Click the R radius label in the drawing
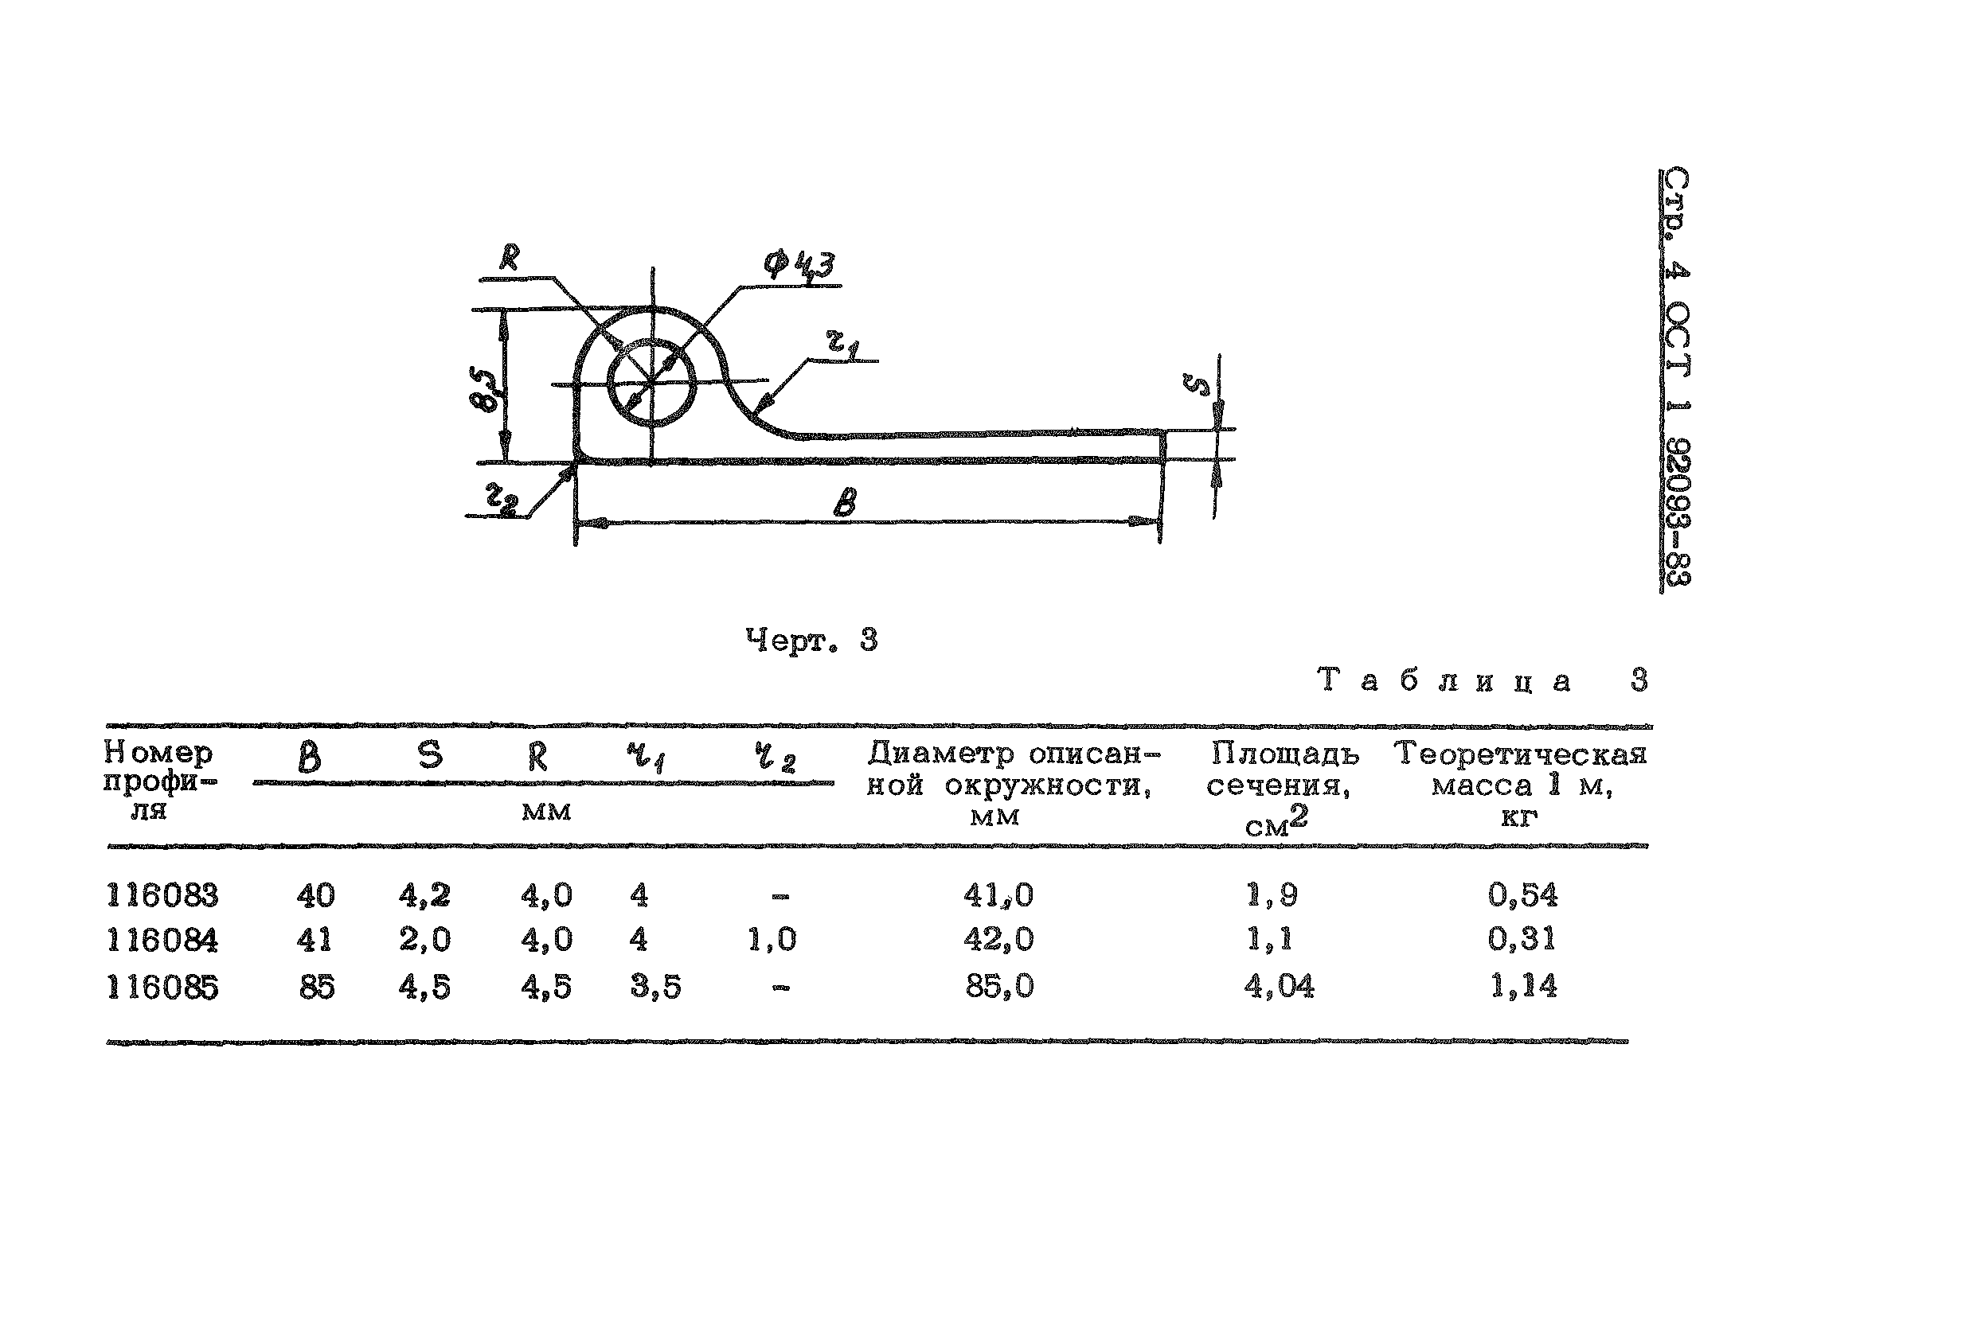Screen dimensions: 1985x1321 pos(509,257)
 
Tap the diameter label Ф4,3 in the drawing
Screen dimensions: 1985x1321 pos(799,265)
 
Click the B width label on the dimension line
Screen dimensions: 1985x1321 pos(845,503)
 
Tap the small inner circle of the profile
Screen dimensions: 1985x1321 pos(651,384)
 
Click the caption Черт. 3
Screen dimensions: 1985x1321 pos(811,641)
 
